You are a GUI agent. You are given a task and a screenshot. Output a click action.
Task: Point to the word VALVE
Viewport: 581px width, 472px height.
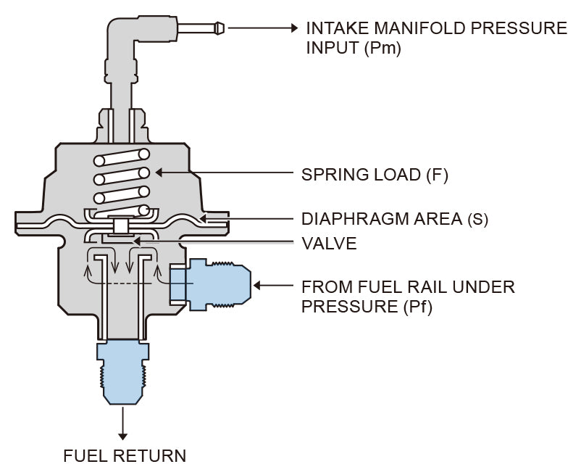[329, 244]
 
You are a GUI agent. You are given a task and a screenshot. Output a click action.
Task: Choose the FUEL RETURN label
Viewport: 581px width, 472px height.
[125, 455]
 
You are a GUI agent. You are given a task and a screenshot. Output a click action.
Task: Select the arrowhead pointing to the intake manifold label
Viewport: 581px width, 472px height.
[293, 28]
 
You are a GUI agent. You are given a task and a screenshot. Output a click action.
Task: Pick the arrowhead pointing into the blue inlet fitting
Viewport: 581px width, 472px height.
[258, 286]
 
